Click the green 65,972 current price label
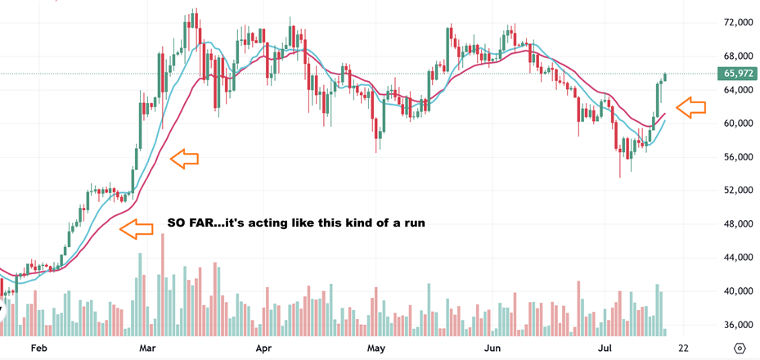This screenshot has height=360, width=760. (x=739, y=74)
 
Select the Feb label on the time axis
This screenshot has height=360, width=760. (x=38, y=349)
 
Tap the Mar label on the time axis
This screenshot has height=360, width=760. (x=149, y=349)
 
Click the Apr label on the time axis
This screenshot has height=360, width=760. (x=263, y=349)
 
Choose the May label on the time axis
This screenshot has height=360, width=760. (x=376, y=349)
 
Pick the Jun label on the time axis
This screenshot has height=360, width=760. (x=492, y=349)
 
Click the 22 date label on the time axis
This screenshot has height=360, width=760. (x=683, y=349)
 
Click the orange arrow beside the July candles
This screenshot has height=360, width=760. (x=691, y=107)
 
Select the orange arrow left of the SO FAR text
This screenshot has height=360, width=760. (x=137, y=230)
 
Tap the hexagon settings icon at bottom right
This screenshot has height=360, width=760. (x=740, y=349)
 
